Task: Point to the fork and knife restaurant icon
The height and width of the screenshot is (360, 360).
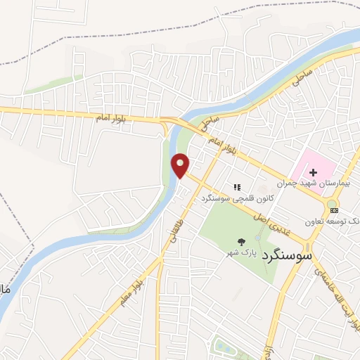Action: [237, 188]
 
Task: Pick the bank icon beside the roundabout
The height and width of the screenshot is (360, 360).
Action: [333, 210]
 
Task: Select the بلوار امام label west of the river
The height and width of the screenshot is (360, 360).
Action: [112, 117]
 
